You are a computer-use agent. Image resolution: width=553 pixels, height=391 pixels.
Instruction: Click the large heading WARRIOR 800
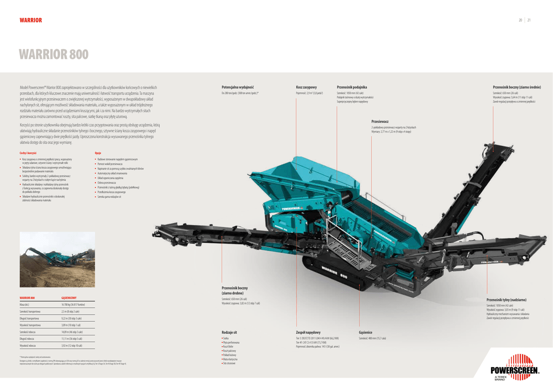[53, 55]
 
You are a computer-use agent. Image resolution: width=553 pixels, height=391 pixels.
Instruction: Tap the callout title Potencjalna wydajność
[238, 87]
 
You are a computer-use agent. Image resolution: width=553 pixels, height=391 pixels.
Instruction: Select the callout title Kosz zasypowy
[306, 87]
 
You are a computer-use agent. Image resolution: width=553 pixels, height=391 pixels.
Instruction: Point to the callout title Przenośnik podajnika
[352, 87]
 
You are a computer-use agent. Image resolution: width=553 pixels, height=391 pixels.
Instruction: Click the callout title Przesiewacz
[380, 122]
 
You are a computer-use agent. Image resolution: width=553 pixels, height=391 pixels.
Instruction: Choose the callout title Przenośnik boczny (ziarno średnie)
[516, 87]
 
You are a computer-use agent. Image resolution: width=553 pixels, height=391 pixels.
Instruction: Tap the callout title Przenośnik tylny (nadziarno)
[506, 300]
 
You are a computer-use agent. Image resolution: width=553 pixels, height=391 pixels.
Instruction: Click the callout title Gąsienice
[366, 333]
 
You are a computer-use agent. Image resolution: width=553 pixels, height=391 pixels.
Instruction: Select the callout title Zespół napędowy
[308, 333]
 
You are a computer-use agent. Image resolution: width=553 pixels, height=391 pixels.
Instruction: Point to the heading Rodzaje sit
[230, 333]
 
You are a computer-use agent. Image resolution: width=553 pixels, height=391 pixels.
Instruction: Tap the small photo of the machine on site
[57, 259]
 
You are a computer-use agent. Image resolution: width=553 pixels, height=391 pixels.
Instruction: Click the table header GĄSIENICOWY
[69, 298]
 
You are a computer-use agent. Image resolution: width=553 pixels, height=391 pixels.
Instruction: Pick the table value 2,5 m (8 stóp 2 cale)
[71, 312]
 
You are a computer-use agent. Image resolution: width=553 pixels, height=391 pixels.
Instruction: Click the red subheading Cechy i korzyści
[28, 153]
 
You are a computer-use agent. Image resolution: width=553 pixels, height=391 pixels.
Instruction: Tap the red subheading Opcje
[98, 153]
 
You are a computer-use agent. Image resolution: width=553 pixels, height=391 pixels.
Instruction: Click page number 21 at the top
[529, 21]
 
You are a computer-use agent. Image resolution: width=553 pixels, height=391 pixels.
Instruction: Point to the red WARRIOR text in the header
[31, 21]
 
